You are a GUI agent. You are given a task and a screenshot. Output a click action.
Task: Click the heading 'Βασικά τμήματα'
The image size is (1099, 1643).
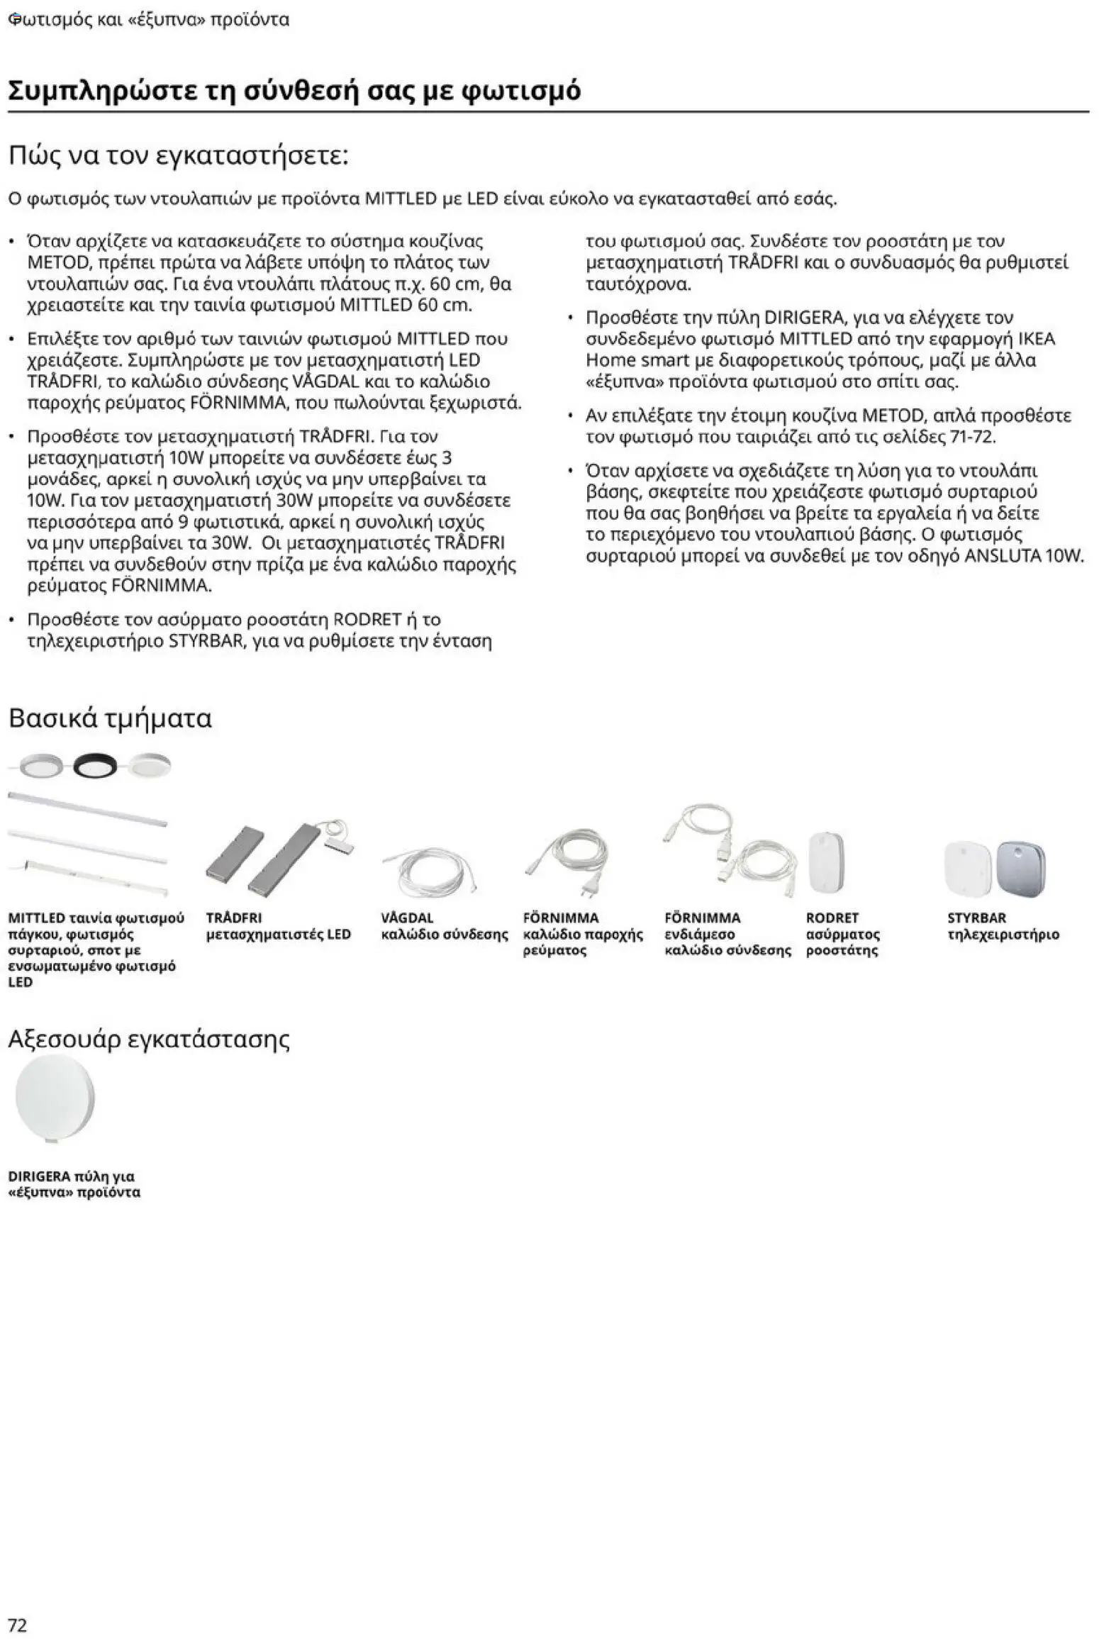(110, 718)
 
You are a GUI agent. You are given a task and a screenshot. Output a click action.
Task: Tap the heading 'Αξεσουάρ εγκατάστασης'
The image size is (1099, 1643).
(149, 1039)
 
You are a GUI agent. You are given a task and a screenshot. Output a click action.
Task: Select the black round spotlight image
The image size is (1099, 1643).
(96, 766)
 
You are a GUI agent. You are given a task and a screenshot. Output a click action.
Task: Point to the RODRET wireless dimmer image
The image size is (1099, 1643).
(827, 864)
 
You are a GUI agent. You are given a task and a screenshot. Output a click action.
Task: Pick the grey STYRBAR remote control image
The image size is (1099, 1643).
(1021, 869)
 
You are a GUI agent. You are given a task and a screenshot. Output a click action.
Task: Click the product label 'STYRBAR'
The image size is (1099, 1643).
(976, 918)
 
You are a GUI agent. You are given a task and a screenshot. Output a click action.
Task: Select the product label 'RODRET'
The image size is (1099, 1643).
(832, 918)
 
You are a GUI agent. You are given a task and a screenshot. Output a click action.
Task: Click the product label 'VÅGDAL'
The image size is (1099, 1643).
(407, 918)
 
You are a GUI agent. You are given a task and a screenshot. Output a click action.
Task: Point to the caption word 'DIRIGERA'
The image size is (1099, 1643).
(39, 1176)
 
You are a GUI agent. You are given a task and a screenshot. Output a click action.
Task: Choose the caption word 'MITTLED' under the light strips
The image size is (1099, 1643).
(36, 918)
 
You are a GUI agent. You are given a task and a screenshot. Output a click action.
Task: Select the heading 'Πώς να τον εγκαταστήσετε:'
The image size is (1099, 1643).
(179, 156)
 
